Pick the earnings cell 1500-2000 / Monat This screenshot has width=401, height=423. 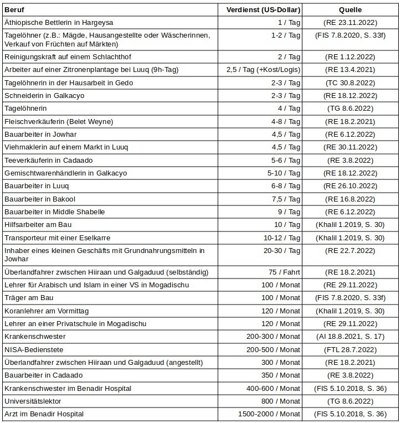[x=269, y=414]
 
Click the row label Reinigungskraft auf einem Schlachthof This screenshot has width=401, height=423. [x=68, y=57]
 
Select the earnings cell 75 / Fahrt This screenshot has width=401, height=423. [x=284, y=272]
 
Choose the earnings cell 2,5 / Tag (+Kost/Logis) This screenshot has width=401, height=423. [x=264, y=70]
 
